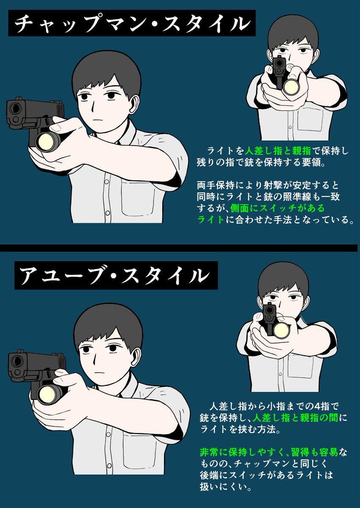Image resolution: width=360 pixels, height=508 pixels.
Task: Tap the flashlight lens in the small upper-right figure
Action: click(292, 86)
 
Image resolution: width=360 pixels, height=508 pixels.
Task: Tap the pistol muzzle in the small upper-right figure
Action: click(279, 64)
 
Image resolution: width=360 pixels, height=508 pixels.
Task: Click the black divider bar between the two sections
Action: click(180, 248)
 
